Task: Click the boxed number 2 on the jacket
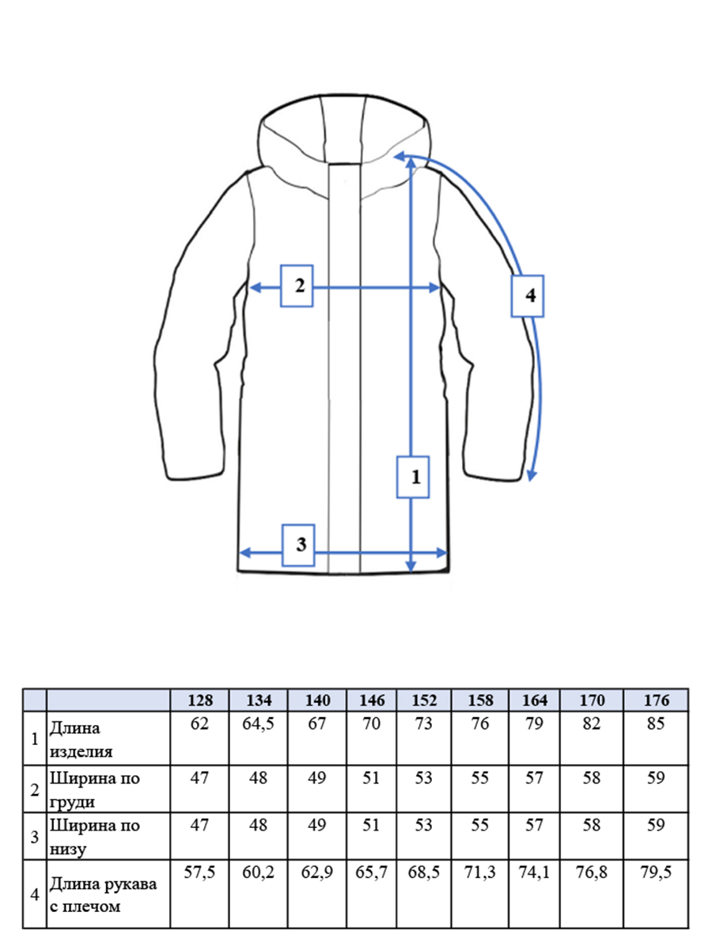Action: [297, 286]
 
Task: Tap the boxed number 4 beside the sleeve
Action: [528, 296]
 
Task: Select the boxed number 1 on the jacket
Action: [413, 477]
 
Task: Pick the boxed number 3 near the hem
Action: [298, 545]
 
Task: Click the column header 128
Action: [200, 700]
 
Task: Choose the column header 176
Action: [657, 700]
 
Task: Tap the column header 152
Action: [424, 700]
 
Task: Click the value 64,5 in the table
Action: [258, 724]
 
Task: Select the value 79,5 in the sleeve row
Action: [656, 872]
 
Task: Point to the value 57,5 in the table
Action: [199, 872]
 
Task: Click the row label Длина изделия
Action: [81, 739]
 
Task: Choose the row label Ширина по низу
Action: [95, 837]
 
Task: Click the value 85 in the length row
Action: [656, 724]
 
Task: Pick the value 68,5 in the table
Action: [424, 872]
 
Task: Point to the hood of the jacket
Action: [344, 142]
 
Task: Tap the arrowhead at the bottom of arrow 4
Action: [532, 476]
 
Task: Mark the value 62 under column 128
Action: [199, 724]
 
